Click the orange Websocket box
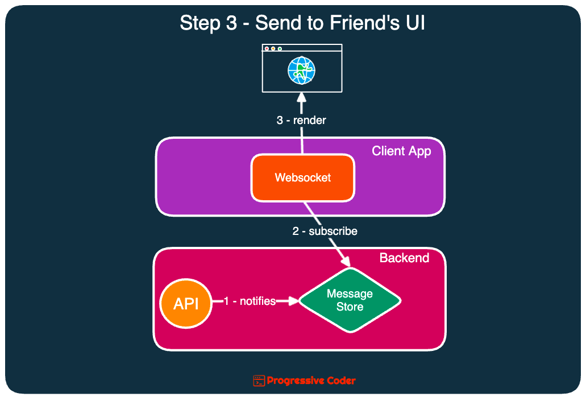(x=302, y=177)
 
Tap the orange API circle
(x=186, y=304)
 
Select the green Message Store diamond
(x=350, y=300)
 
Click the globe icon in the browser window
(x=301, y=71)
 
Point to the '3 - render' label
(x=301, y=121)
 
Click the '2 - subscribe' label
(x=325, y=231)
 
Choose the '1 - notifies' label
(x=250, y=301)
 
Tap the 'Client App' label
(x=401, y=151)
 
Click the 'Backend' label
(x=404, y=258)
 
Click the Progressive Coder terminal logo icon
(x=259, y=381)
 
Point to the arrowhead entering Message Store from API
(x=293, y=301)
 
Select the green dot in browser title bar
(x=280, y=49)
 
